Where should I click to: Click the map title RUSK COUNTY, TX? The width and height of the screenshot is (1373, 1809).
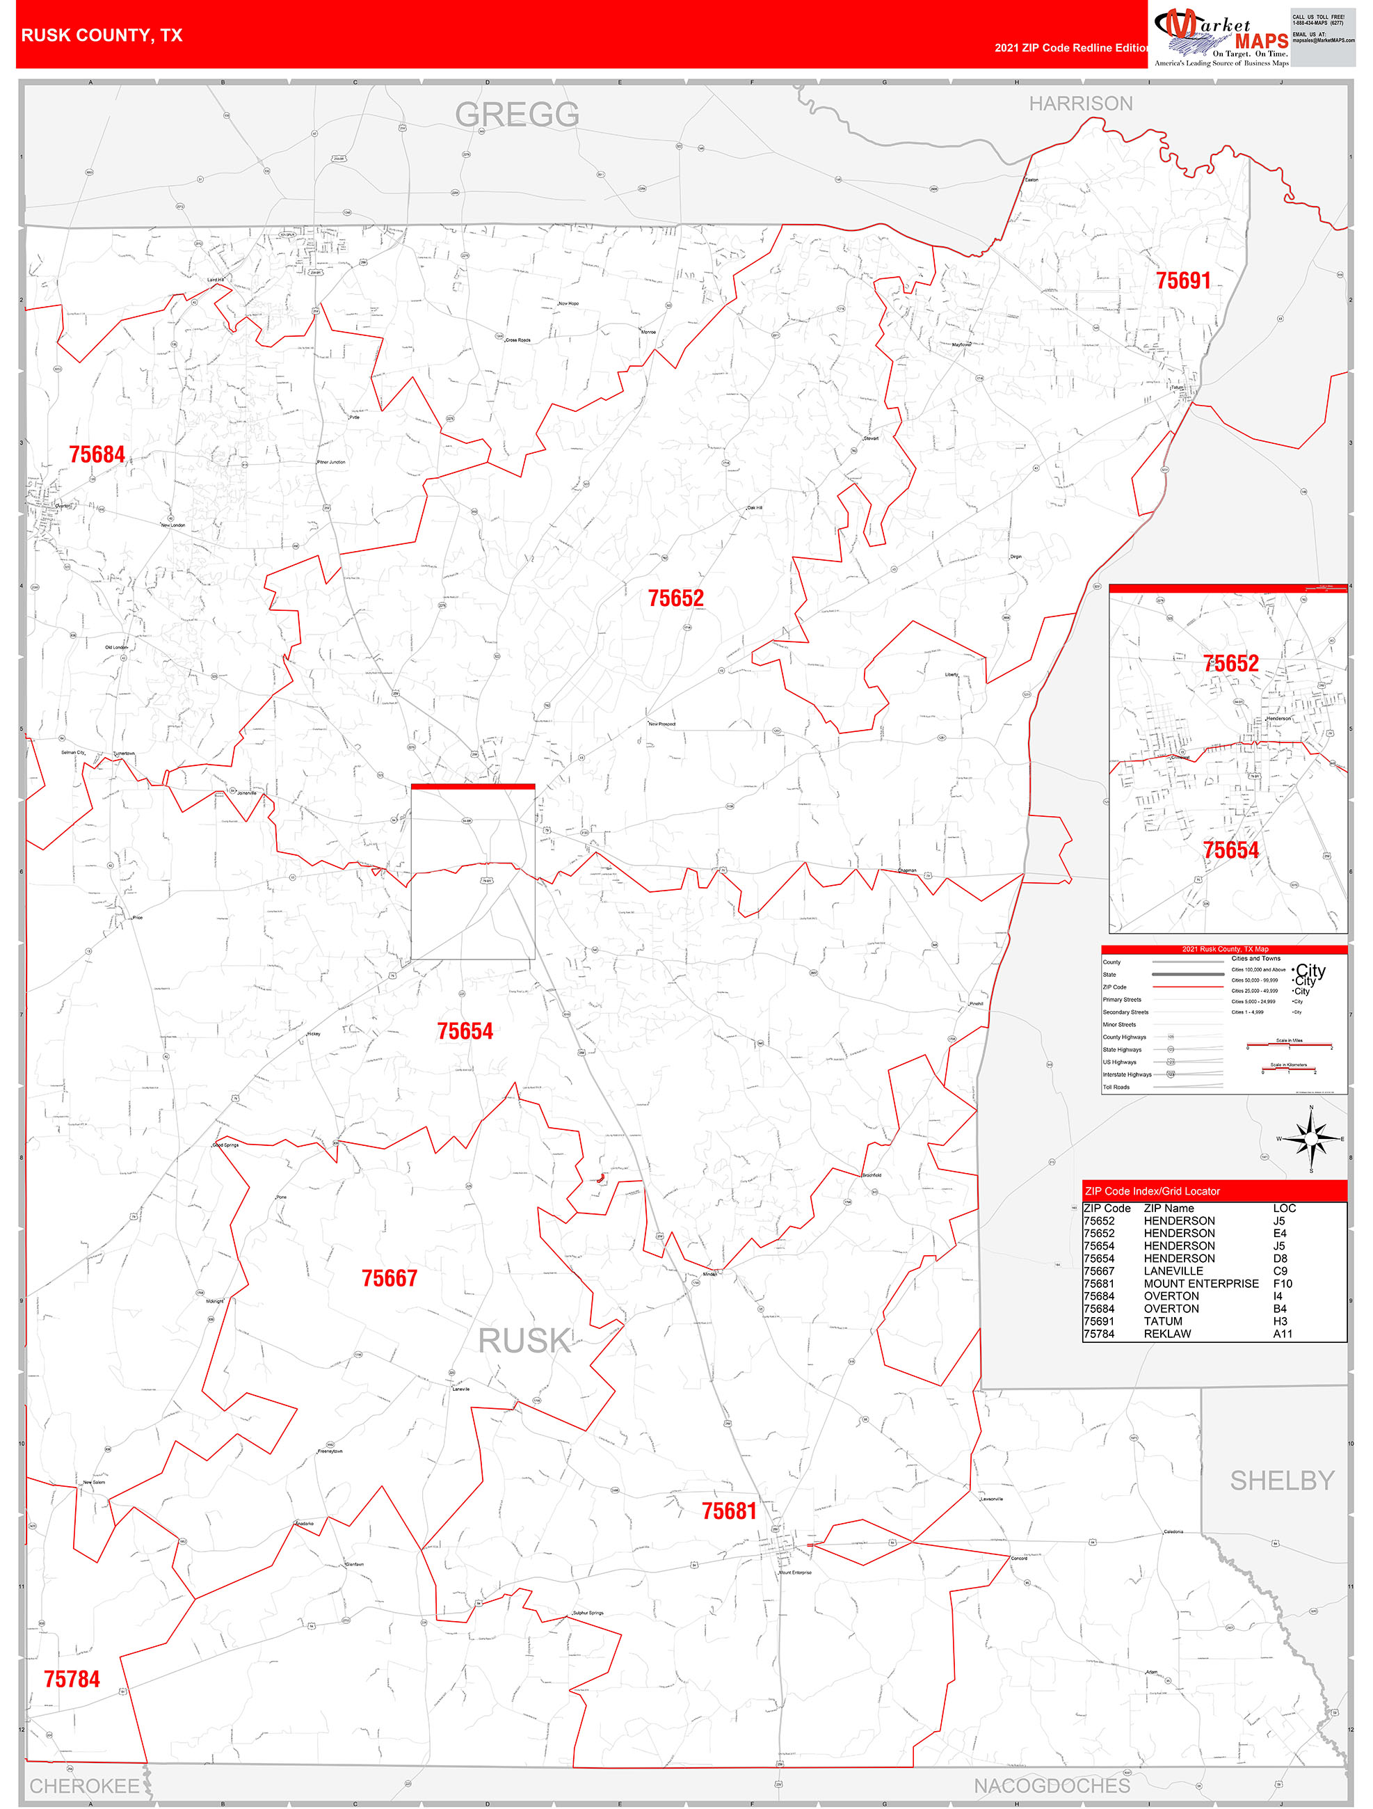point(102,35)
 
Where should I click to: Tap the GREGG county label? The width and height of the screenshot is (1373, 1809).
point(517,115)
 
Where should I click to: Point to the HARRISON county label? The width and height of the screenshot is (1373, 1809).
point(1080,104)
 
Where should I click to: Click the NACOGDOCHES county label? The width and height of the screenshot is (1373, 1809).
point(1052,1785)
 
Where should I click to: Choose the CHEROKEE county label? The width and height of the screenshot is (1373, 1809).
point(84,1786)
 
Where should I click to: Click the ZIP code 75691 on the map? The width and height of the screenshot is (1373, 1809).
point(1182,281)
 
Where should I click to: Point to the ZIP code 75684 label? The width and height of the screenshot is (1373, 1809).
point(97,455)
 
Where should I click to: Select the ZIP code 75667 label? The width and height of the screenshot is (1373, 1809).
point(390,1278)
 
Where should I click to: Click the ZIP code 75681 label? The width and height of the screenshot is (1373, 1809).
point(729,1511)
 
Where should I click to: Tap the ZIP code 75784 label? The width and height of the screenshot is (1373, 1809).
point(72,1679)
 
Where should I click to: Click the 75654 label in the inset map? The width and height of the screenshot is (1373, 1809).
point(1230,850)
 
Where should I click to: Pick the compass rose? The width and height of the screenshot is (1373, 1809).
point(1311,1138)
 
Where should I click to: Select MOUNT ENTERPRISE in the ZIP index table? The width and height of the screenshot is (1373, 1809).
point(1201,1284)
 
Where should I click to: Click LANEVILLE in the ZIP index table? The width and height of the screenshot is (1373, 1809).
point(1173,1271)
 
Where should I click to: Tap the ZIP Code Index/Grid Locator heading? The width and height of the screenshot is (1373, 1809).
point(1151,1192)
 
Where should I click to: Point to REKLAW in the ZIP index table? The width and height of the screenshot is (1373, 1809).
point(1167,1334)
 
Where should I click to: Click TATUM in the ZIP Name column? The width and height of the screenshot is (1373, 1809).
point(1163,1321)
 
